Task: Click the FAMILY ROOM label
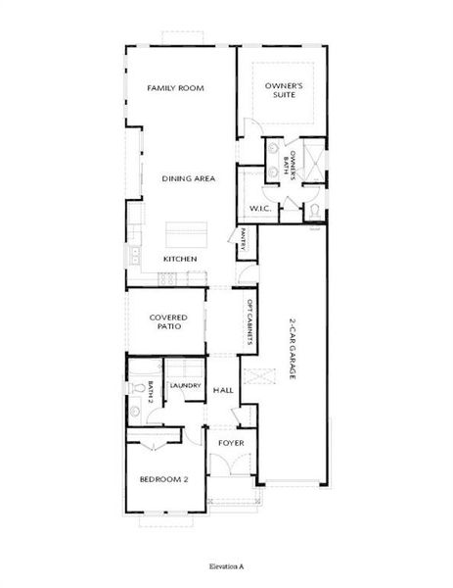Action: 174,89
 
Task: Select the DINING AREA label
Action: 189,178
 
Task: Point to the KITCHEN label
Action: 180,259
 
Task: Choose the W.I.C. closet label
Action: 259,209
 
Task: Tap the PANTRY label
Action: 244,239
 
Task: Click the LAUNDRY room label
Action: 185,385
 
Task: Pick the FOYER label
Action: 231,443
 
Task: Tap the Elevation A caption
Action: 226,566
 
